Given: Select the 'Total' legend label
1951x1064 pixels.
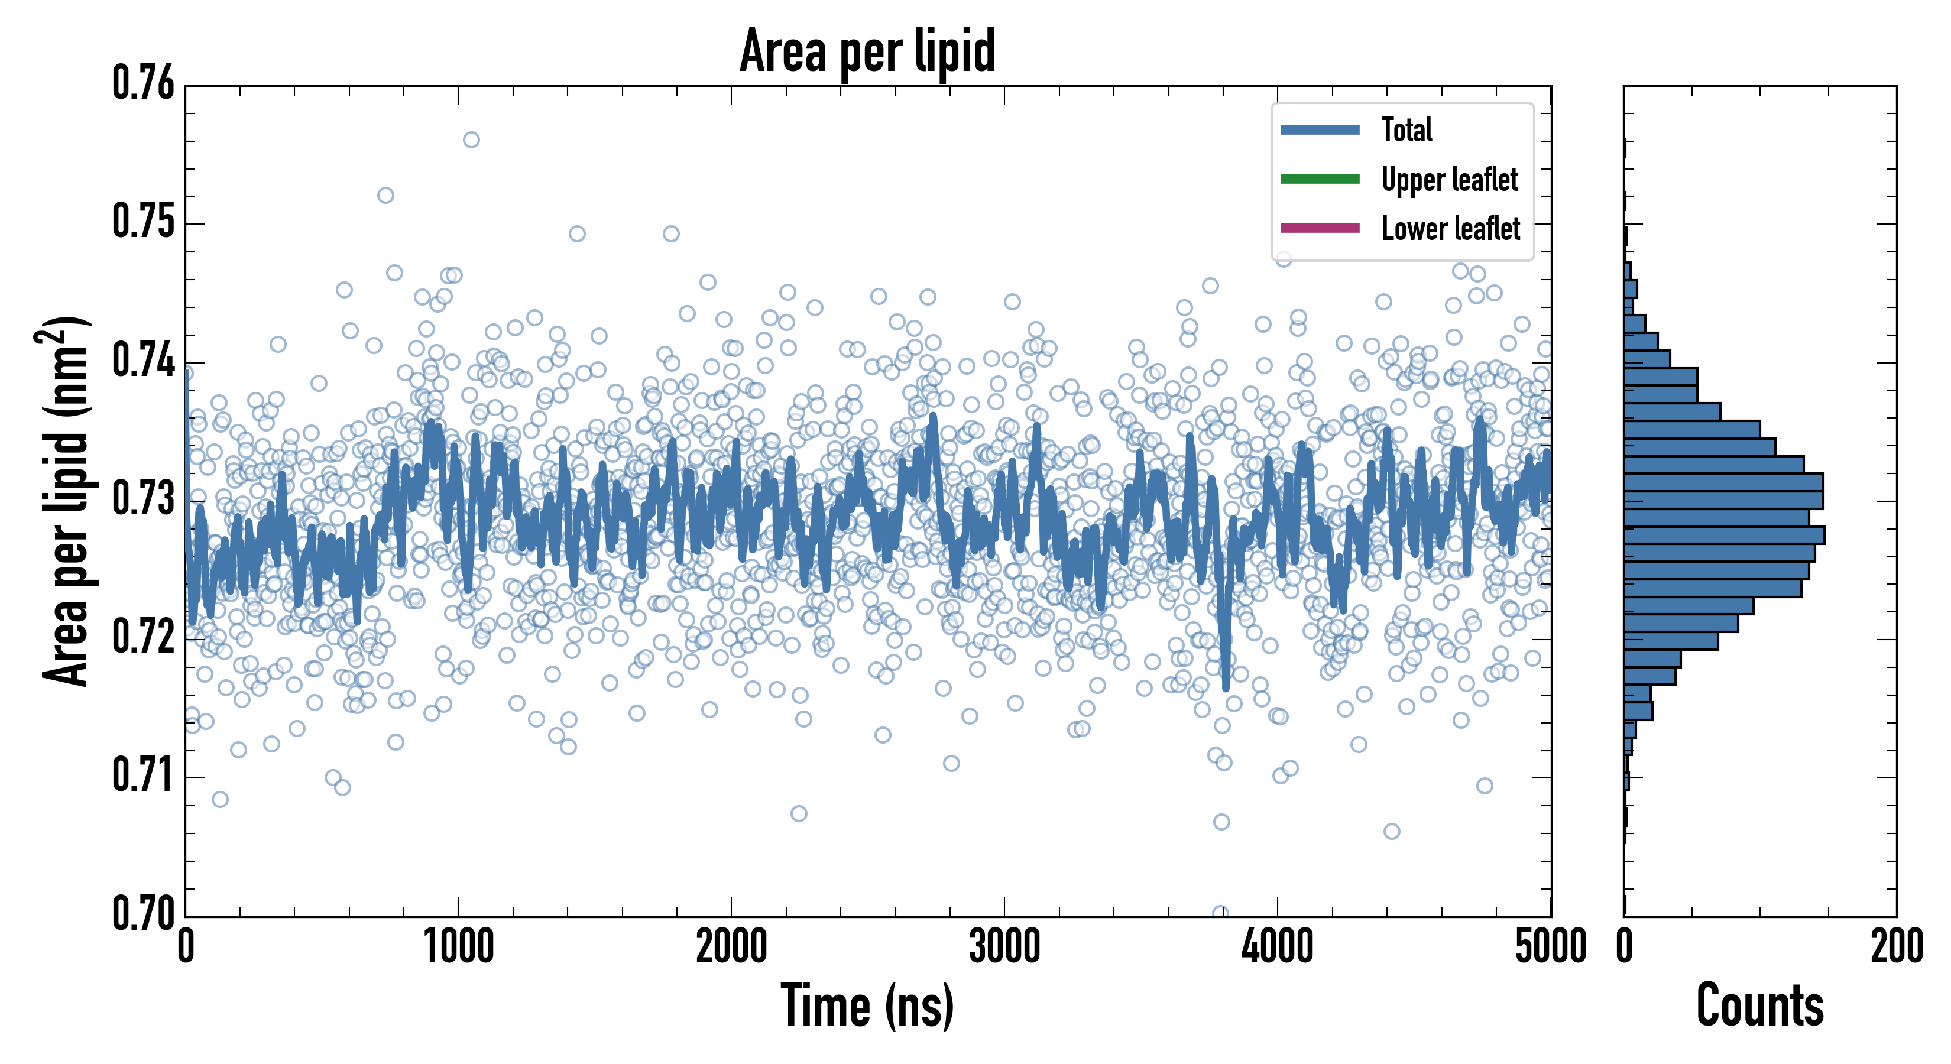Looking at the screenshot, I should (x=1406, y=129).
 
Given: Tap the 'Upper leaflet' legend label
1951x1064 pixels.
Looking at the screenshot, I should (x=1449, y=180).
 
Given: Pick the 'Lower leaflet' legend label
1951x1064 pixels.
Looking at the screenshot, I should (x=1450, y=228).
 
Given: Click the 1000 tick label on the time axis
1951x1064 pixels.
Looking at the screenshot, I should (x=458, y=946).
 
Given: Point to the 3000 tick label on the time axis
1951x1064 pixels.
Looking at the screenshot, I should (x=1004, y=946).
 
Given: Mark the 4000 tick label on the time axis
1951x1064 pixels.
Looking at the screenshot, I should (x=1277, y=946).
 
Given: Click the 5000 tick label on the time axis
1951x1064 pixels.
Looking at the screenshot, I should (x=1550, y=946).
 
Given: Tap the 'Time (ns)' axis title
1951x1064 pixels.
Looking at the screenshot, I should (x=867, y=1005).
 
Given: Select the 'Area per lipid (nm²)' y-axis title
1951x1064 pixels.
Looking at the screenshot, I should (x=65, y=501).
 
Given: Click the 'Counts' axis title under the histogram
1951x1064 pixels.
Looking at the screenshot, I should (x=1759, y=1005).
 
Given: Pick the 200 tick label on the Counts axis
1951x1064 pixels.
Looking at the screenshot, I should (x=1895, y=946).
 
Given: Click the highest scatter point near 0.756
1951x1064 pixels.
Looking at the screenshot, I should (x=471, y=140).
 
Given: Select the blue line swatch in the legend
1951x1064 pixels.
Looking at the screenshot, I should (x=1320, y=129).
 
